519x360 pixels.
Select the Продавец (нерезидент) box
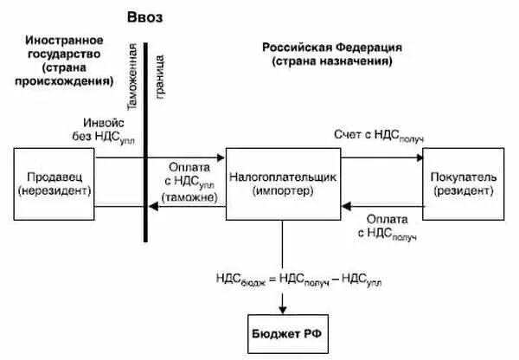point(54,183)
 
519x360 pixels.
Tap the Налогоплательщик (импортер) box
point(282,183)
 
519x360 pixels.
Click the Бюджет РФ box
point(282,332)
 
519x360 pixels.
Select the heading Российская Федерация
point(332,47)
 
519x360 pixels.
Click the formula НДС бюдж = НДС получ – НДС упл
point(298,278)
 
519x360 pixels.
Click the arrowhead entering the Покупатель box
point(419,157)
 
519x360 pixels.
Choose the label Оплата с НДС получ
point(386,226)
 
